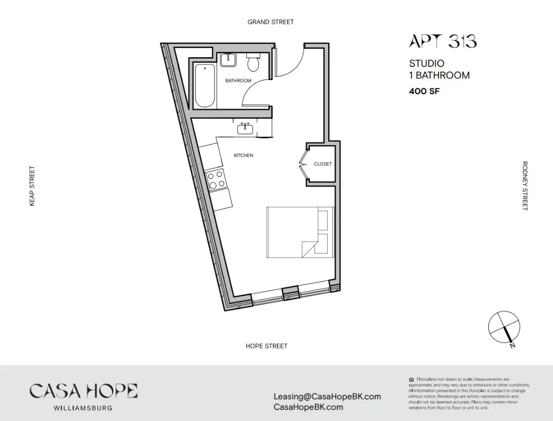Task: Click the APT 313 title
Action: click(443, 41)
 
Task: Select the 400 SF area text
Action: click(424, 92)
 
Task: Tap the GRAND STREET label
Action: click(270, 22)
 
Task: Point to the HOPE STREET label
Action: click(266, 346)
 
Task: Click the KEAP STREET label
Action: click(32, 186)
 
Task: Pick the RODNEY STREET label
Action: click(525, 186)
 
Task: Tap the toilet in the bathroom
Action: click(253, 63)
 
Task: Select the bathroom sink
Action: click(228, 60)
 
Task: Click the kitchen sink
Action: click(246, 129)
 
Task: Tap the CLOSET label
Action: click(323, 164)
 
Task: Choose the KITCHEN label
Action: click(243, 155)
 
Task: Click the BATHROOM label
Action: click(238, 80)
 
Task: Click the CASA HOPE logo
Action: click(84, 391)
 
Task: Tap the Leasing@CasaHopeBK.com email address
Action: click(327, 397)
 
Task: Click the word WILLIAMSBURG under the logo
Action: click(84, 408)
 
